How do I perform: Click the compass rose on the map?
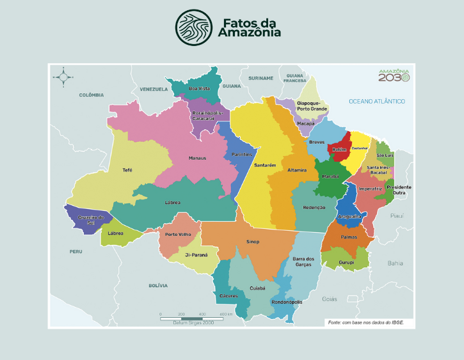[x=63, y=77]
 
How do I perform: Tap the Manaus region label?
[x=197, y=158]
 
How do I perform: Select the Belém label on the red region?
[x=339, y=150]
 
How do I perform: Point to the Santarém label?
[x=265, y=165]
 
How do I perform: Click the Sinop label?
[x=253, y=242]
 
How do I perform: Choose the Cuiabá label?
[x=257, y=288]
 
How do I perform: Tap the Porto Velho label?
[x=178, y=234]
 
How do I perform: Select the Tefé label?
[x=127, y=170]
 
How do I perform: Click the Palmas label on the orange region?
[x=349, y=237]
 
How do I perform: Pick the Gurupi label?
[x=346, y=262]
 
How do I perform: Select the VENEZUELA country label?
[x=154, y=89]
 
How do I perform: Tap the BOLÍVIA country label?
[x=157, y=285]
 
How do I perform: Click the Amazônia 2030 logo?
[x=393, y=75]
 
